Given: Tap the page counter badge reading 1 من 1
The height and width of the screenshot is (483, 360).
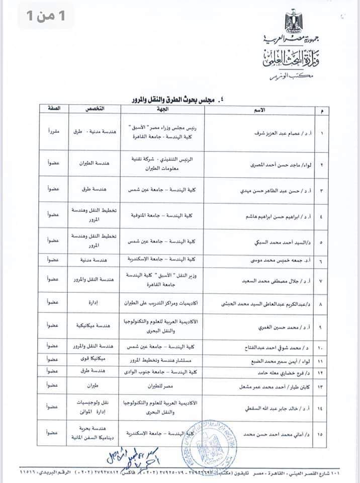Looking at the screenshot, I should pyautogui.click(x=46, y=17).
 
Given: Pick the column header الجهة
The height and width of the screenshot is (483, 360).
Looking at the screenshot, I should pyautogui.click(x=160, y=109).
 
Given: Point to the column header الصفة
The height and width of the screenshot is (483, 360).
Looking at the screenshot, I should pyautogui.click(x=52, y=109).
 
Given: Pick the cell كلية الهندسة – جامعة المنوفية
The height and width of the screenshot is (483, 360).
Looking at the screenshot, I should pyautogui.click(x=160, y=215).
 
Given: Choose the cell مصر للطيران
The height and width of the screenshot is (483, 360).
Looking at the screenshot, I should pyautogui.click(x=160, y=386).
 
